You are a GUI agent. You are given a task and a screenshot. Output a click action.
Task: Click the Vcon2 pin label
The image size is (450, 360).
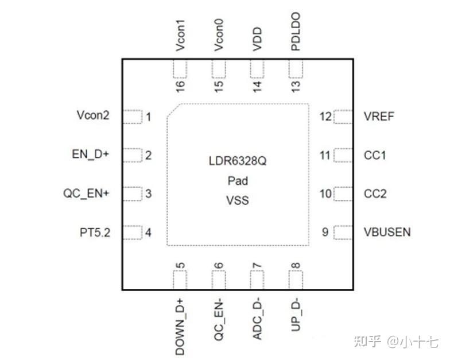pyautogui.click(x=93, y=115)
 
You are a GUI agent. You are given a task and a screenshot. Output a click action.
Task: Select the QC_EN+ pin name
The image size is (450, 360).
pyautogui.click(x=86, y=193)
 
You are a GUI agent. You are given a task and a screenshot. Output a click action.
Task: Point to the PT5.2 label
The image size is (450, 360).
pyautogui.click(x=95, y=233)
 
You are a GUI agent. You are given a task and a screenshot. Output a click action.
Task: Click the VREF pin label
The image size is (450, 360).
pyautogui.click(x=379, y=117)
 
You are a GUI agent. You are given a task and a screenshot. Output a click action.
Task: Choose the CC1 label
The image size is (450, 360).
pyautogui.click(x=375, y=155)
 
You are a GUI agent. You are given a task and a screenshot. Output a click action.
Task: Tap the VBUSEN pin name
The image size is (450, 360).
pyautogui.click(x=387, y=232)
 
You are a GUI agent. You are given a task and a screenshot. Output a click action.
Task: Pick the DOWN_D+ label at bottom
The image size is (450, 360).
pyautogui.click(x=180, y=327)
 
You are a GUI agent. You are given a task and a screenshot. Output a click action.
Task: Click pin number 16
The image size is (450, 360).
pyautogui.click(x=180, y=86)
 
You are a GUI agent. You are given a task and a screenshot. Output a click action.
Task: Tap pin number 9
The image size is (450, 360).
pyautogui.click(x=325, y=232)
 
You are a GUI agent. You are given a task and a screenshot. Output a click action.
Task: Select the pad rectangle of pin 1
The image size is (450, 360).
pyautogui.click(x=133, y=117)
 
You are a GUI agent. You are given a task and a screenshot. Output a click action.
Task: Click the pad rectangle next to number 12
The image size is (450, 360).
pyautogui.click(x=343, y=117)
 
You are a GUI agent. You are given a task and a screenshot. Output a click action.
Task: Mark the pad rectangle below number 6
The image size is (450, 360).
pyautogui.click(x=219, y=280)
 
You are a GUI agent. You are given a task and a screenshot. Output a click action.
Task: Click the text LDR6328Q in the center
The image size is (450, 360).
pyautogui.click(x=238, y=162)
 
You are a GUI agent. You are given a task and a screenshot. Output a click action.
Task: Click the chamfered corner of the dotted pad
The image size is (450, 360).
pyautogui.click(x=173, y=111)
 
